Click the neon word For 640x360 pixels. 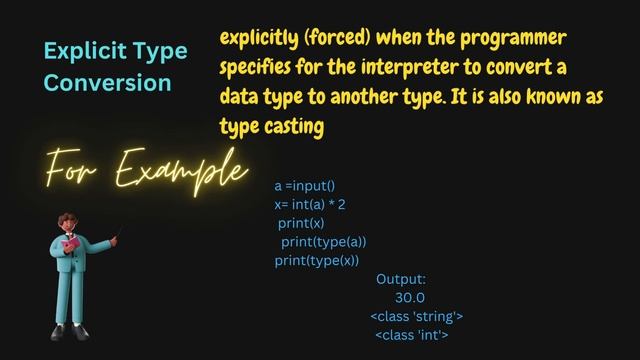[75, 166]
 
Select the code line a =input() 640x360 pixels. [305, 186]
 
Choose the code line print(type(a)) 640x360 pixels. [324, 242]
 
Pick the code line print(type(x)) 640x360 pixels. [316, 261]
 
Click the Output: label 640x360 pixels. [401, 279]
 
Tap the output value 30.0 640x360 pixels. [410, 298]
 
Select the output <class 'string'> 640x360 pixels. [416, 316]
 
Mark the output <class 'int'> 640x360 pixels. [411, 335]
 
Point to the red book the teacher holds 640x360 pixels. [71, 244]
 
